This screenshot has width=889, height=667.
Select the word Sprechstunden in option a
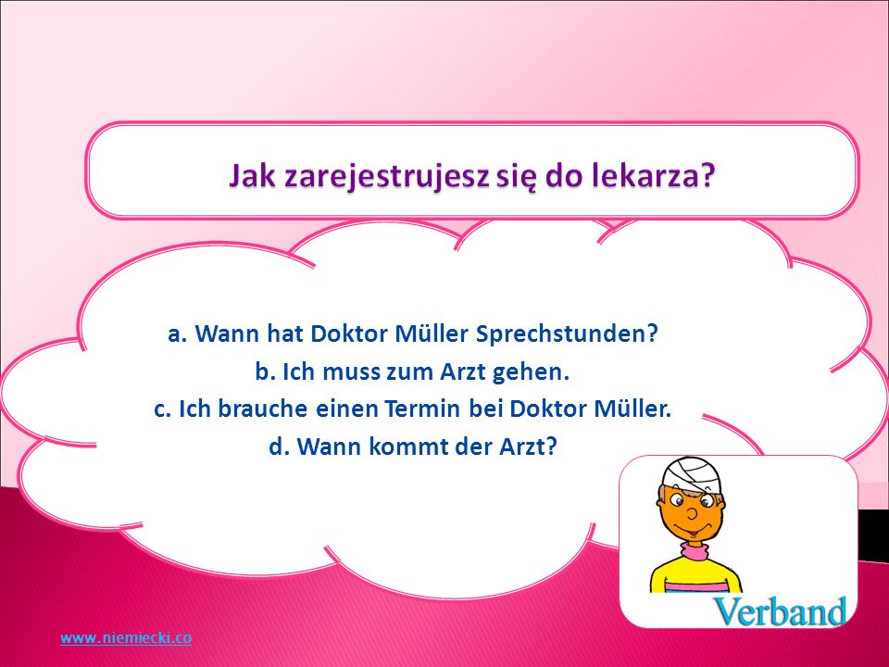tap(567, 333)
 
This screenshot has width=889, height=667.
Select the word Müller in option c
tap(632, 409)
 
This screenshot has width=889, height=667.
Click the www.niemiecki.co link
tap(126, 638)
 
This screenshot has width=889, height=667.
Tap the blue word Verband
tap(780, 611)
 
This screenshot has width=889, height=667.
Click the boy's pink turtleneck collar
tap(695, 550)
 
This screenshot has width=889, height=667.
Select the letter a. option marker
tap(178, 334)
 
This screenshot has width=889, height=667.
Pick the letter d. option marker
tap(279, 447)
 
